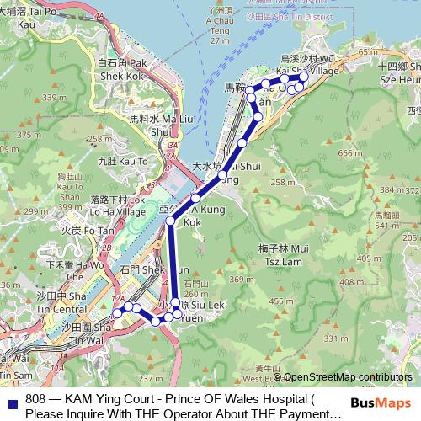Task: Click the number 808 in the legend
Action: pyautogui.click(x=36, y=399)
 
